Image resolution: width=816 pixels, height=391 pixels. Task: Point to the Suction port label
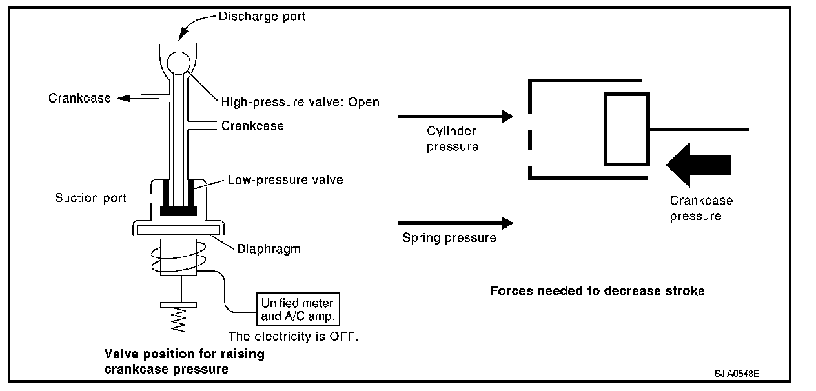[x=90, y=197]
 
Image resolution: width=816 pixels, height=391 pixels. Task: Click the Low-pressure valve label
[x=285, y=180]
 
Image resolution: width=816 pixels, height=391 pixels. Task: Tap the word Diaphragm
[x=269, y=248]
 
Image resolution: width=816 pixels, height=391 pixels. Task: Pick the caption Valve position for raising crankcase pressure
[x=185, y=361]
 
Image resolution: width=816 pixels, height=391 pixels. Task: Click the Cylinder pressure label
[x=453, y=139]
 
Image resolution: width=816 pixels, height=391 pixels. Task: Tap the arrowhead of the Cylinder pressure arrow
[x=507, y=117]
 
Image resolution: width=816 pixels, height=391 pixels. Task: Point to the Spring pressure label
[x=449, y=238]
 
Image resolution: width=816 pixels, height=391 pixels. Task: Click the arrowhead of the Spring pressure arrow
[x=507, y=223]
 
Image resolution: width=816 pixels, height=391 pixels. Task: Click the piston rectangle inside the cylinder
[x=626, y=128]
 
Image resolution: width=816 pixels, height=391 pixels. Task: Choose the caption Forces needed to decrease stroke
[x=597, y=290]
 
